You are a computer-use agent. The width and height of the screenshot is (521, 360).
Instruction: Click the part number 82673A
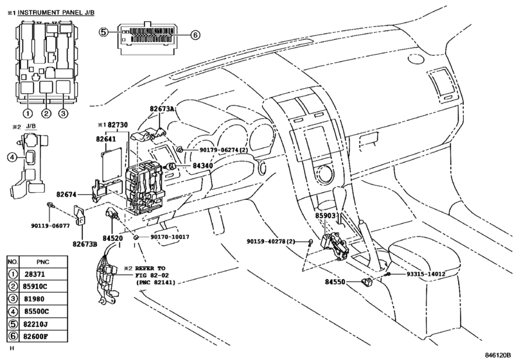click(162, 109)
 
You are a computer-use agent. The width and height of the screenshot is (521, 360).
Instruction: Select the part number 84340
click(202, 166)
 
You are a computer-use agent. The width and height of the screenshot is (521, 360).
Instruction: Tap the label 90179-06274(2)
click(224, 150)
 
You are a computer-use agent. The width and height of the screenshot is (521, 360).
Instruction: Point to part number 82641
click(106, 139)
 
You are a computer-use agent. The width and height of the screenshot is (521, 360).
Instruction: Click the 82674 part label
click(66, 194)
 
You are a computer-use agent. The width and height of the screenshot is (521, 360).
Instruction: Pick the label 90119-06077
click(51, 226)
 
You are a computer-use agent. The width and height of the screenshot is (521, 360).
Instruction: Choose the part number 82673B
click(85, 244)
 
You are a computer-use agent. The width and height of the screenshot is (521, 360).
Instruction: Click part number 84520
click(112, 239)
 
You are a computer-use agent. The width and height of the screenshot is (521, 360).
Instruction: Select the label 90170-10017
click(170, 237)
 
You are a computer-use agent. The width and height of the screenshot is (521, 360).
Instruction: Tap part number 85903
click(326, 215)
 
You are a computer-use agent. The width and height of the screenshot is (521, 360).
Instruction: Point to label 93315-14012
click(426, 274)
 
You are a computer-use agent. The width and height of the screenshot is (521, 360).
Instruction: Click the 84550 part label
click(335, 282)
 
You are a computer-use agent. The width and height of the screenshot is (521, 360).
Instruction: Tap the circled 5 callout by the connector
click(103, 32)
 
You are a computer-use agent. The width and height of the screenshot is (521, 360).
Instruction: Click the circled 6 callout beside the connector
click(195, 35)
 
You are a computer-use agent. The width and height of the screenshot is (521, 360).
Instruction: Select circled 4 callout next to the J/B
click(12, 157)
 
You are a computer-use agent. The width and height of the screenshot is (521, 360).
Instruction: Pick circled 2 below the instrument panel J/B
click(46, 113)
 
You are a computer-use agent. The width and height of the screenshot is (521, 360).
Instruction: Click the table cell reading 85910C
click(35, 286)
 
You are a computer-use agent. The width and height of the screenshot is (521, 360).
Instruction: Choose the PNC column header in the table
click(43, 262)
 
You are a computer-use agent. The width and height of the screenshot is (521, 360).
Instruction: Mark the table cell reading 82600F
click(35, 336)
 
